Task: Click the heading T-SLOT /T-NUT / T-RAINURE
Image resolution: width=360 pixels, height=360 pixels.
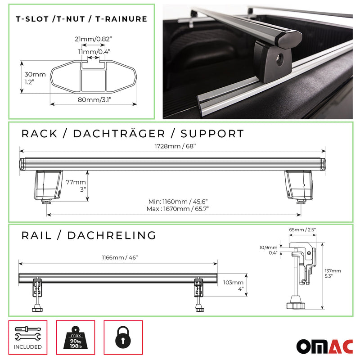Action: click(x=81, y=19)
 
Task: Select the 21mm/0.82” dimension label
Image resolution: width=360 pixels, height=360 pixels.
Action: click(x=94, y=40)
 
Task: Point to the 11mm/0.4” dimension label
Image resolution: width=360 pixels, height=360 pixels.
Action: click(x=94, y=52)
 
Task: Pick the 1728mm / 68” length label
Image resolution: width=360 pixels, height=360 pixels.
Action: click(x=172, y=145)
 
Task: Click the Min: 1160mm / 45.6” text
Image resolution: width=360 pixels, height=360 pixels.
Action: click(x=178, y=202)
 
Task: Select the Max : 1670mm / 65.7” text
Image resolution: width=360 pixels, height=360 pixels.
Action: click(x=178, y=209)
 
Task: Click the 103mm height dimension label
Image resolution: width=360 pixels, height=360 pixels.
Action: click(x=233, y=282)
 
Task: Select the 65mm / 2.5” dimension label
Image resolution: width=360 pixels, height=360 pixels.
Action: click(x=302, y=229)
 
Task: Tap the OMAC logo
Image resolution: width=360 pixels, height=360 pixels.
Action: click(x=324, y=346)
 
